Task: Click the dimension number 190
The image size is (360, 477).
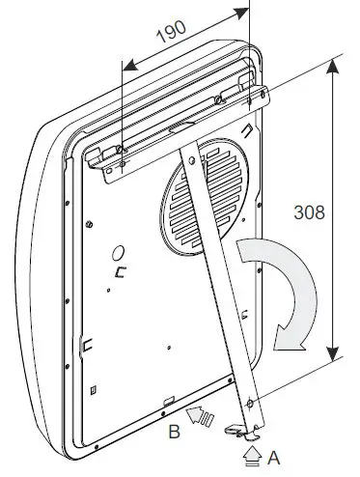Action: [171, 32]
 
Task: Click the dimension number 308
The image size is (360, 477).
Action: [309, 212]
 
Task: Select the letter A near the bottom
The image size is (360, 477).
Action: [273, 458]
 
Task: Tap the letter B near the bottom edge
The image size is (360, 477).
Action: [174, 432]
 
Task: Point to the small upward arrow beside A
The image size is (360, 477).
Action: [253, 456]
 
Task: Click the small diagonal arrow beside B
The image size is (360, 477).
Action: [200, 415]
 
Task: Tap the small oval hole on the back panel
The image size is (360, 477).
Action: [119, 253]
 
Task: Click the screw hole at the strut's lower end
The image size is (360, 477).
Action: [250, 403]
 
